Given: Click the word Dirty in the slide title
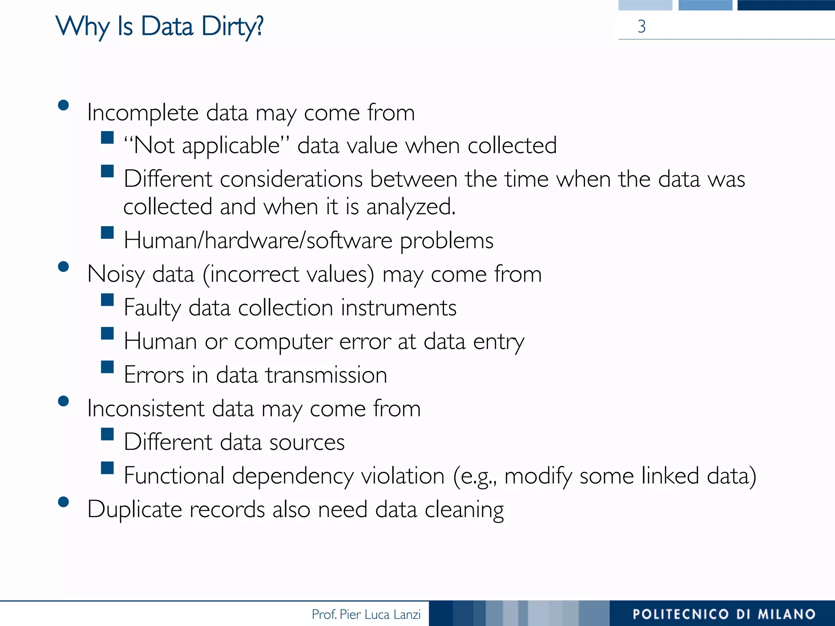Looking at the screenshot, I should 232,27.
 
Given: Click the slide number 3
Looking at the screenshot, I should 641,27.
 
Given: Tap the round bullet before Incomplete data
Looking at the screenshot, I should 63,106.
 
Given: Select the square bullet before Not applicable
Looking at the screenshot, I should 107,137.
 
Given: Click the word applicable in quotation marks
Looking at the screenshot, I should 231,146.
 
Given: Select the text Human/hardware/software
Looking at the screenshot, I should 258,240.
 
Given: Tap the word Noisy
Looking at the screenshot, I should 116,274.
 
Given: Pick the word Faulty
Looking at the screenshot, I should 152,308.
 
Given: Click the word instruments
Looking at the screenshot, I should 398,308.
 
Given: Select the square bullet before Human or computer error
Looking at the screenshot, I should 107,334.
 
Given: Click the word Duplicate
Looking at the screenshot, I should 135,510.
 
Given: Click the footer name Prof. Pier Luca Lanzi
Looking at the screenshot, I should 366,614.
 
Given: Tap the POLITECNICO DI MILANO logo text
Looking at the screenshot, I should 724,614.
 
